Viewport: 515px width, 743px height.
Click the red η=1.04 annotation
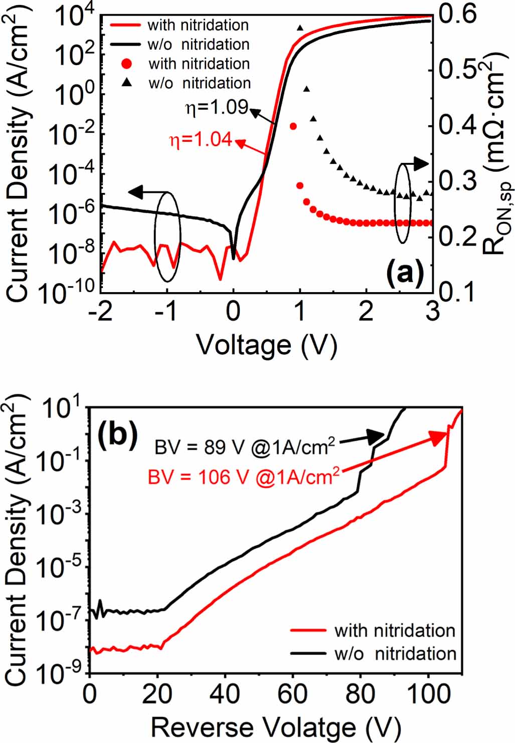201,139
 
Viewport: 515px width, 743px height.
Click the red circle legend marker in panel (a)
127,64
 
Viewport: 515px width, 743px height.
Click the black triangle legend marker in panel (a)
127,83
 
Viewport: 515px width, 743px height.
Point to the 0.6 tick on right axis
457,14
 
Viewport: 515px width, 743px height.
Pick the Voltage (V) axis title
266,345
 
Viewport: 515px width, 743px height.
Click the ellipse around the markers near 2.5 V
403,203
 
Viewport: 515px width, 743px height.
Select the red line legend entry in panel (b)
373,630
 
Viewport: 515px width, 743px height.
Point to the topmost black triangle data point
300,28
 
